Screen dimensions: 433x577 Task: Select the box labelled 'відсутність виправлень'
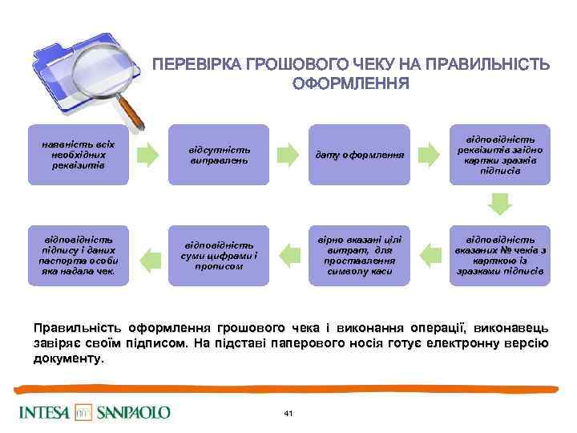218,154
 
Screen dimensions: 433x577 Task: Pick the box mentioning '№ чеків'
500,255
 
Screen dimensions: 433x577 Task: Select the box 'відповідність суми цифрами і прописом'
218,255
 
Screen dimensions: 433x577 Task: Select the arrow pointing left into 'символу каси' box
430,255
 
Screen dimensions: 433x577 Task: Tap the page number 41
288,412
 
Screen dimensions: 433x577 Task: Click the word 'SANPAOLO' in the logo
134,412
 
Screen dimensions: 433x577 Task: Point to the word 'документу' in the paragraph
67,359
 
